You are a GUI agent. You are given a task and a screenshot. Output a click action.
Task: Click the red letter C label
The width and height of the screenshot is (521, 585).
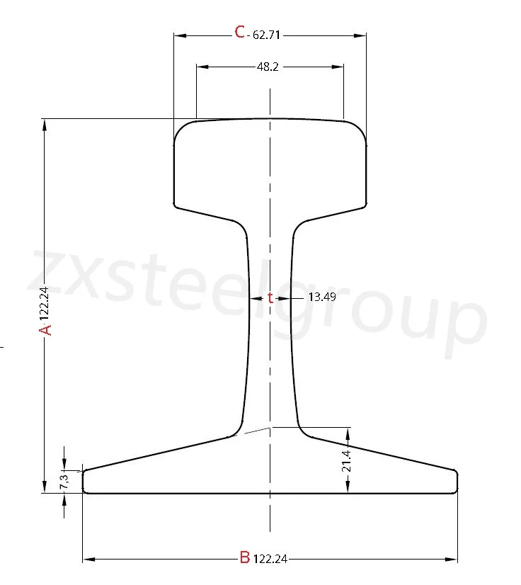240,32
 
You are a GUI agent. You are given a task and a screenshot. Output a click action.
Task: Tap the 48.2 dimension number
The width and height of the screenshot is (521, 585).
268,67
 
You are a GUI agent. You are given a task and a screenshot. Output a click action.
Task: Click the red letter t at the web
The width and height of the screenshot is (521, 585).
270,298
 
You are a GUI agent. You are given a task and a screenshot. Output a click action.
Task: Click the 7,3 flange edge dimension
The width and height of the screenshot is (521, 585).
64,481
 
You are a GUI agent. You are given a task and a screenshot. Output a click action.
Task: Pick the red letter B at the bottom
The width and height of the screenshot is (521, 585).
244,557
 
